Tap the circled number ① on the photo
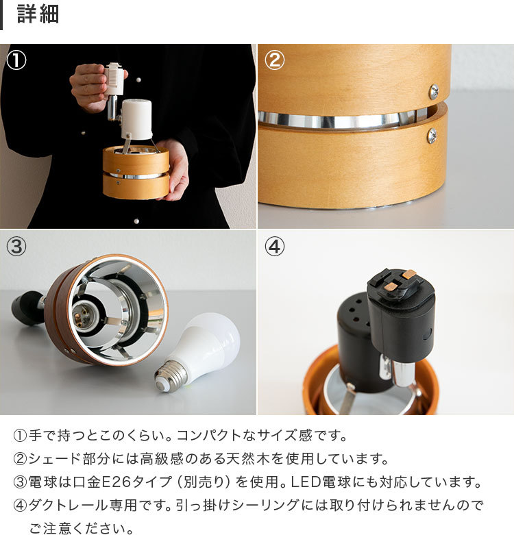point(16,60)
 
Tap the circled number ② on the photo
point(274,60)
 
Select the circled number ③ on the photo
point(16,247)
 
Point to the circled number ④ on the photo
point(274,247)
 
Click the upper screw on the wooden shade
point(433,90)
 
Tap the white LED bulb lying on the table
point(206,346)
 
